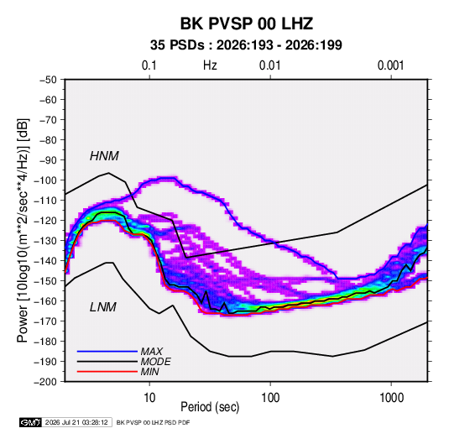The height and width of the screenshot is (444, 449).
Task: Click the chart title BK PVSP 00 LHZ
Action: point(246,24)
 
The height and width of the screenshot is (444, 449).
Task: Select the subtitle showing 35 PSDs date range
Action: point(246,45)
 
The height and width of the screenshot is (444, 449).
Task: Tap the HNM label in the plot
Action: point(104,156)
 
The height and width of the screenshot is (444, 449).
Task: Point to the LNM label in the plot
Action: point(103,307)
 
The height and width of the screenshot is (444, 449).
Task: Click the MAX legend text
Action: point(151,352)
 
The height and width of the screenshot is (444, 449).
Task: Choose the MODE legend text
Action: point(156,362)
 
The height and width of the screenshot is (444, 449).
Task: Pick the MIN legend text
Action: point(149,372)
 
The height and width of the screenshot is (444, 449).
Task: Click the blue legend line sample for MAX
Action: point(107,352)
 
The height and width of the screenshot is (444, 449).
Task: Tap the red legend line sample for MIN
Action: point(107,372)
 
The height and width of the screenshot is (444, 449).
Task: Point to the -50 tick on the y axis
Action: point(48,80)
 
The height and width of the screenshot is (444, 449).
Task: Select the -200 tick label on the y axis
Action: point(45,382)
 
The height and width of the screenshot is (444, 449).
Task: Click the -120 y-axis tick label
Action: point(45,221)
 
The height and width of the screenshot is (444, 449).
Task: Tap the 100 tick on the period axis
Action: point(270,398)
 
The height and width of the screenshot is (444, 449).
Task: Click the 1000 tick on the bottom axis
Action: point(391,398)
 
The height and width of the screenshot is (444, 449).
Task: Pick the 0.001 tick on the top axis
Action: point(391,65)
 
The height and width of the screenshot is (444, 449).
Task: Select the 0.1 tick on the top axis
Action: point(149,65)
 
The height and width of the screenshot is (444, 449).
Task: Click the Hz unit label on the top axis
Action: point(210,65)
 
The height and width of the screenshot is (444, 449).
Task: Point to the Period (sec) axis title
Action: point(210,407)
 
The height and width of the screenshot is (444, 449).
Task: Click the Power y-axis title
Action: point(23,231)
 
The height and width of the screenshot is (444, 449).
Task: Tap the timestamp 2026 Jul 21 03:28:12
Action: point(76,422)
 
